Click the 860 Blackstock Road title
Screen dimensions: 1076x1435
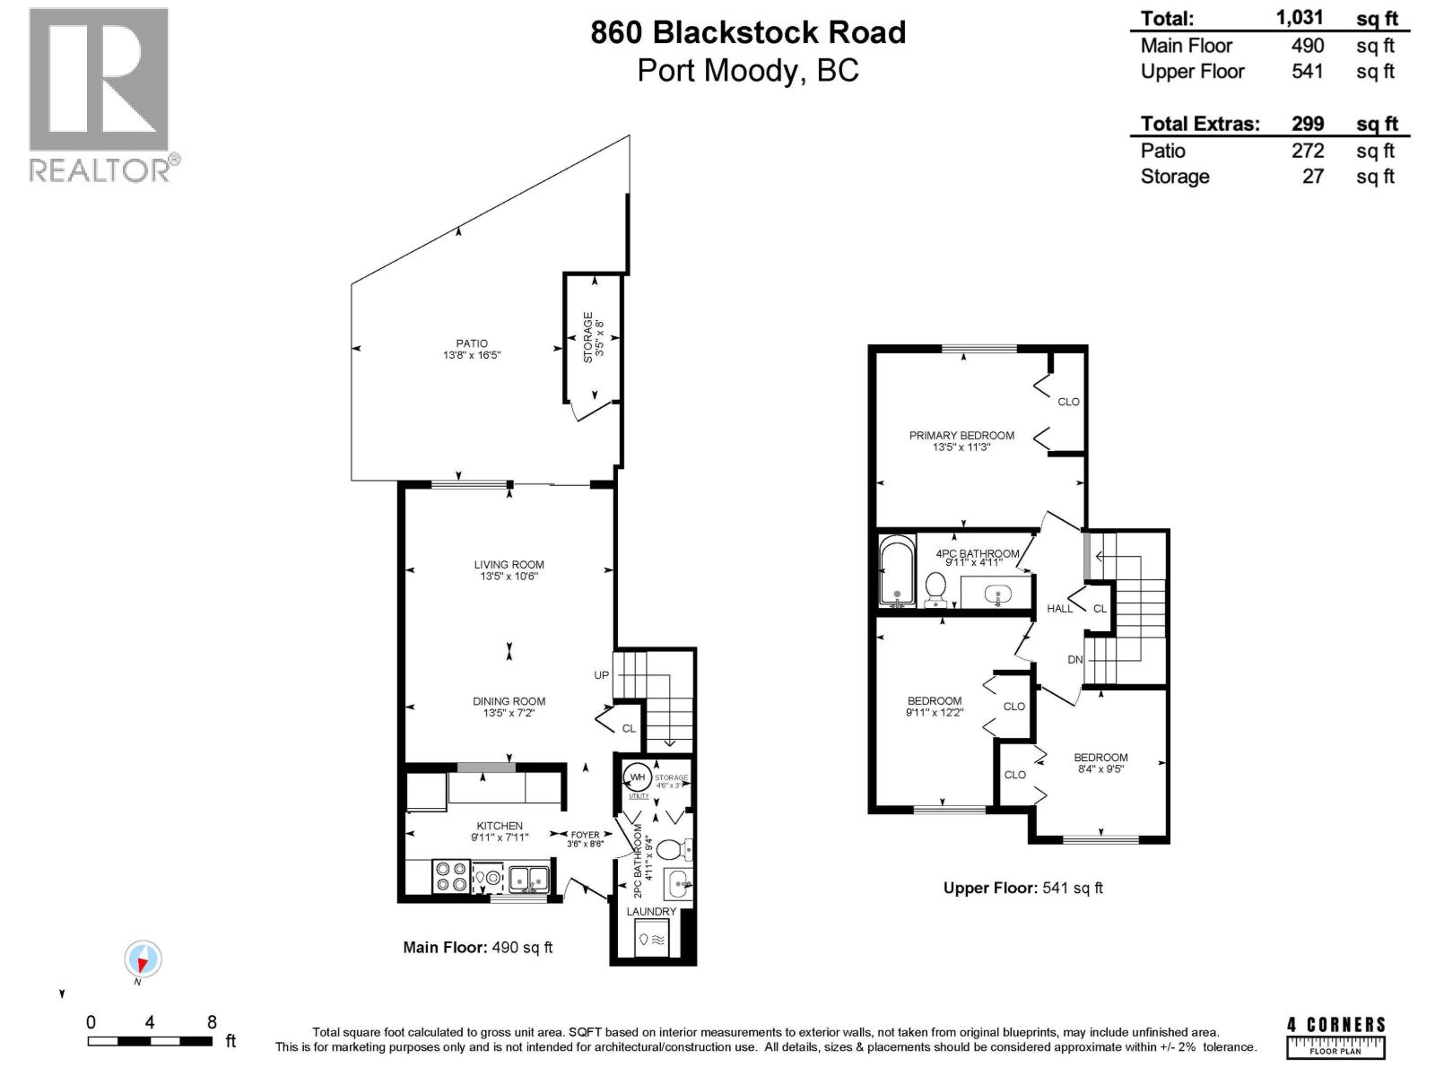pos(747,33)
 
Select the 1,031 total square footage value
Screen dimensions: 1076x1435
pos(1299,18)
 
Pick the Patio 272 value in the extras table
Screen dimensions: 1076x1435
pos(1307,151)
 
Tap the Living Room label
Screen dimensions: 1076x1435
pos(509,565)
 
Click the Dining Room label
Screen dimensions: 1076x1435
pos(509,701)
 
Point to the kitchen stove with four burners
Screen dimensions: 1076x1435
pos(450,877)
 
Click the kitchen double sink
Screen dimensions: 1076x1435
pos(529,879)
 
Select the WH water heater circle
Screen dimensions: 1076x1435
pos(638,777)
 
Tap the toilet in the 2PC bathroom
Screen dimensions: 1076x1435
pos(672,848)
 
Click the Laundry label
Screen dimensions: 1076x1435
pos(651,912)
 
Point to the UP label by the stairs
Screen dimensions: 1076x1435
pos(601,675)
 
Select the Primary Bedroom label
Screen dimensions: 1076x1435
pos(961,436)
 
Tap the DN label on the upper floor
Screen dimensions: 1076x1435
pos(1075,660)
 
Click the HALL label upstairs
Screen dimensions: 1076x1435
pos(1059,609)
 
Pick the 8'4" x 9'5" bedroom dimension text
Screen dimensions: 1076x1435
pos(1100,769)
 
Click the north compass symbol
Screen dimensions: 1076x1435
pos(142,960)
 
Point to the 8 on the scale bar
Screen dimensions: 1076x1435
pos(212,1022)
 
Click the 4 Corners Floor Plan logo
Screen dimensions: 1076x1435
pos(1335,1037)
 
